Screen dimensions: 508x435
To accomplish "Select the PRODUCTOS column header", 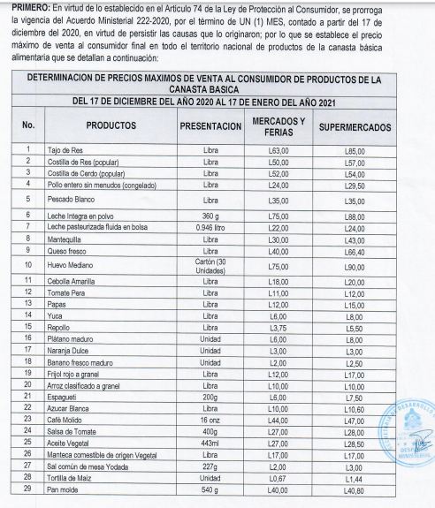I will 111,125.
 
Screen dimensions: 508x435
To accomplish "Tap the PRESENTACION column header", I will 210,125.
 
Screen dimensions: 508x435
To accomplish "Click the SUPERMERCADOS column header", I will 355,125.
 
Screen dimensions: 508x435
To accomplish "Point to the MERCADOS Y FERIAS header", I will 279,125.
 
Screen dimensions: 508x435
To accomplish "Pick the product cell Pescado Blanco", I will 77,201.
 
